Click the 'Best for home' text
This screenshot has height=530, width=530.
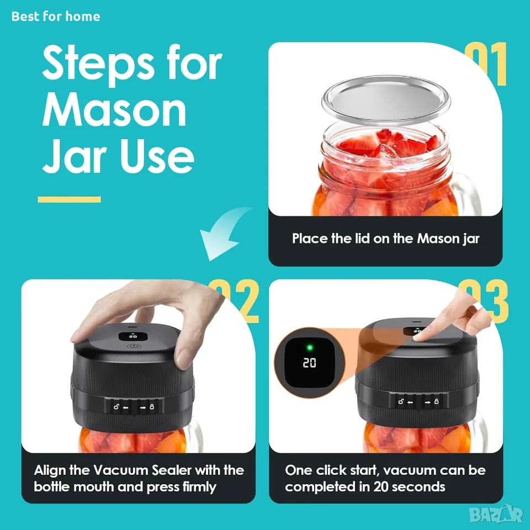point(56,16)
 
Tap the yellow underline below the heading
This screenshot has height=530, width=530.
point(70,199)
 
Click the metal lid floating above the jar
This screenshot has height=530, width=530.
point(386,100)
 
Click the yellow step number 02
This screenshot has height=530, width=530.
point(242,301)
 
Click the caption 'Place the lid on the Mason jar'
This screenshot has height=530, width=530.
point(386,239)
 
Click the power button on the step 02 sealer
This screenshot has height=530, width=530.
point(134,346)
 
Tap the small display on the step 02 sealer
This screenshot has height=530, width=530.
point(133,336)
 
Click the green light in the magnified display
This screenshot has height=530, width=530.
point(310,347)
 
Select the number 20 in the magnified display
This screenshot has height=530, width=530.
point(309,363)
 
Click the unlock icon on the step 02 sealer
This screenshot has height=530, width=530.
point(116,407)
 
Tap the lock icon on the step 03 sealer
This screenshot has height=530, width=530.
point(436,401)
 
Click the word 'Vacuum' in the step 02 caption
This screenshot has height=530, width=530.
point(121,470)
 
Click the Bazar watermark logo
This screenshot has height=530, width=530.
point(496,515)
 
